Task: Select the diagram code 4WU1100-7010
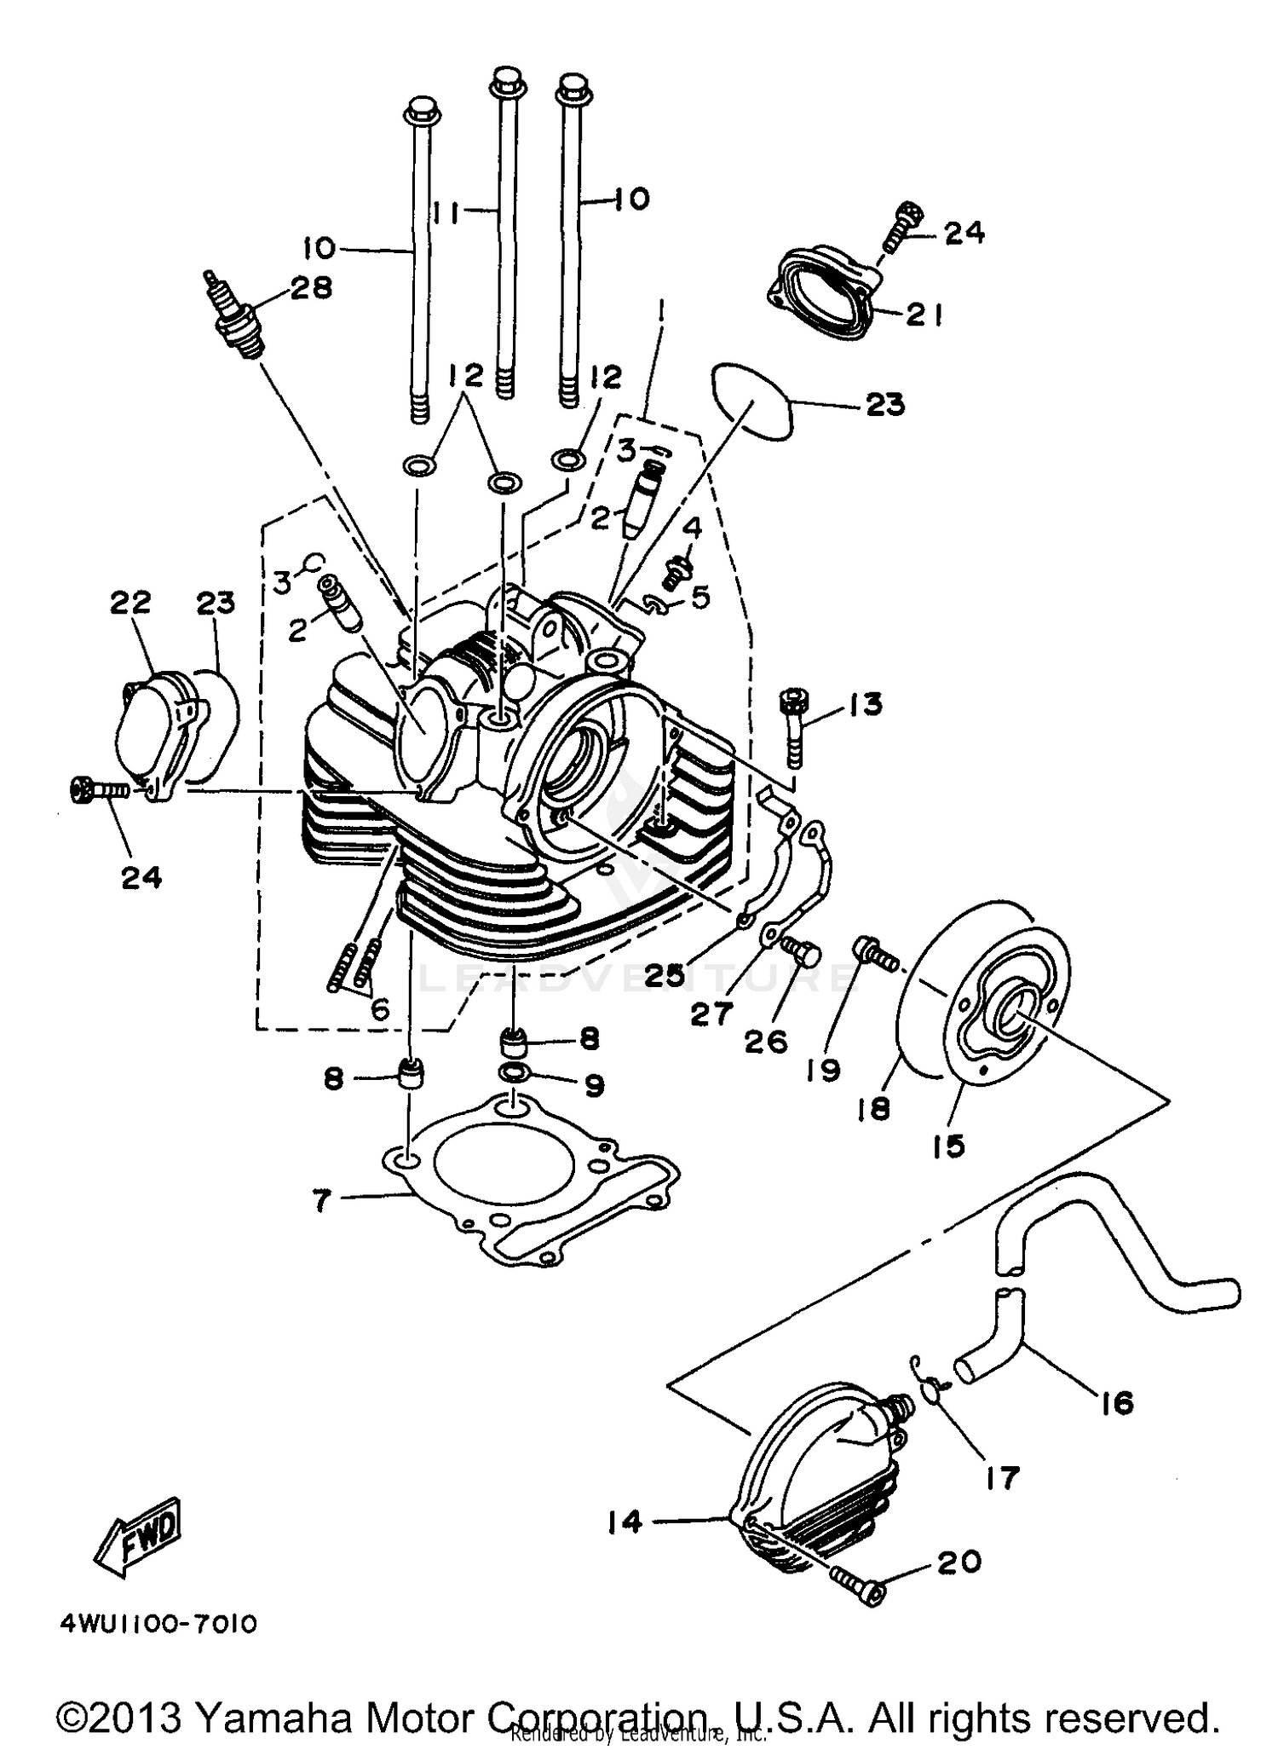(x=158, y=1625)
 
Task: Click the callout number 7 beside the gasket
(x=320, y=1202)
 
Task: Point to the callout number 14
(x=625, y=1522)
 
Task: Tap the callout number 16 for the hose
(x=1117, y=1402)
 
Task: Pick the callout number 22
(x=130, y=603)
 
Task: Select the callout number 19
(x=824, y=1070)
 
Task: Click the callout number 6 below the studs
(x=380, y=1010)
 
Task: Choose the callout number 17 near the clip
(x=1001, y=1477)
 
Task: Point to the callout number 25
(x=665, y=976)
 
